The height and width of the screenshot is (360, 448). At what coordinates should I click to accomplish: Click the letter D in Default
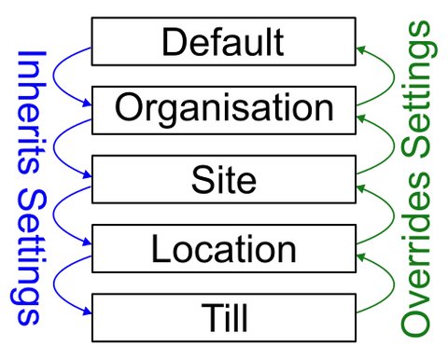[172, 42]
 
